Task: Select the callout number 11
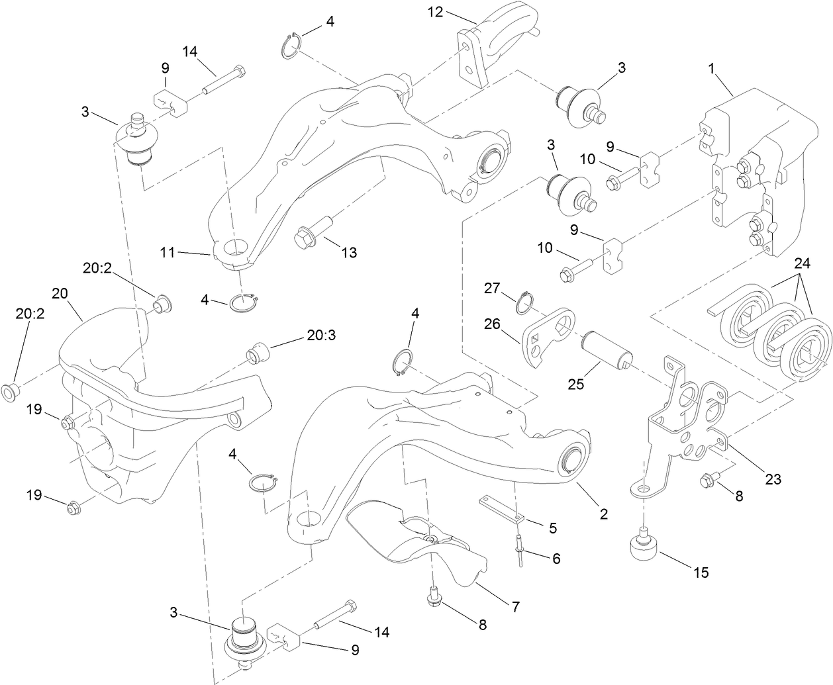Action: click(167, 251)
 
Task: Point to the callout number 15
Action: click(700, 572)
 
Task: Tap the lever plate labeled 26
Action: click(550, 334)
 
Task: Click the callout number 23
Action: click(772, 478)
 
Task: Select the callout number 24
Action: click(801, 262)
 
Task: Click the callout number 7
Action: click(514, 605)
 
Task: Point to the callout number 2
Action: click(603, 513)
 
